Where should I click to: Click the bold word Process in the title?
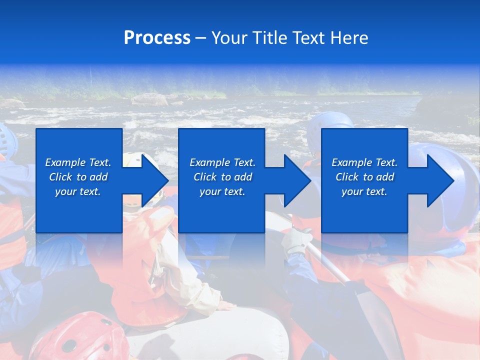(157, 38)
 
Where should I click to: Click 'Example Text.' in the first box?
(78, 162)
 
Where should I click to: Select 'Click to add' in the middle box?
(222, 177)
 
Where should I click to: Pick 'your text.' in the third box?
(364, 191)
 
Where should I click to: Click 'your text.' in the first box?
(78, 191)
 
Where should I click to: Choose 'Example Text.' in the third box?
(364, 162)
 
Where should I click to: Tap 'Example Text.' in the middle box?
(222, 162)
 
